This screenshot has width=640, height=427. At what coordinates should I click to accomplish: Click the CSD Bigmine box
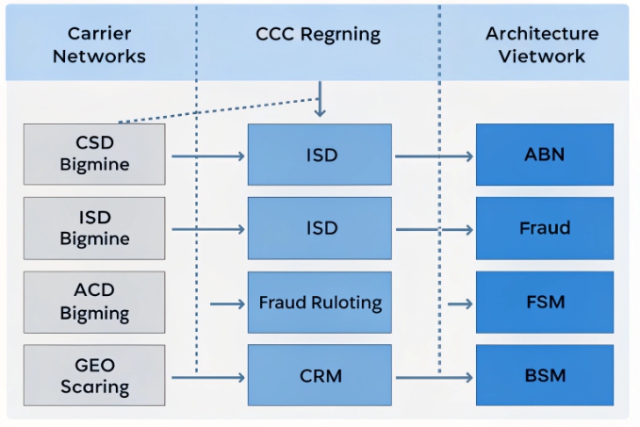click(94, 154)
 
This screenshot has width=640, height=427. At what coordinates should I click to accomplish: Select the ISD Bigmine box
click(94, 228)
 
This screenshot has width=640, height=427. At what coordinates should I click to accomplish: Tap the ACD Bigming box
click(94, 302)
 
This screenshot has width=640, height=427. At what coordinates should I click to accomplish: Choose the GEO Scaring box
click(94, 375)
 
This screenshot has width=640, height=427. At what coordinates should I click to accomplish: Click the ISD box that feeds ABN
click(320, 155)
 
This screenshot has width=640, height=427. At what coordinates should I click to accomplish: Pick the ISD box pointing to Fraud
click(320, 228)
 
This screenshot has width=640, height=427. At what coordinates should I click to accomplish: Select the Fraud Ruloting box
click(320, 303)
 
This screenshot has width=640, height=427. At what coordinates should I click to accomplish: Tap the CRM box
click(320, 376)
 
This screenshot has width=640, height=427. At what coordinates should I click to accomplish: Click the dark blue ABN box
click(544, 155)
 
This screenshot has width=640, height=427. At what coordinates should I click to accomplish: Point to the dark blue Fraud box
click(544, 228)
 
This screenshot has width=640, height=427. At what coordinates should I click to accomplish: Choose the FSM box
click(544, 303)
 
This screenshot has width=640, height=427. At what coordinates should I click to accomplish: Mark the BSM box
click(544, 376)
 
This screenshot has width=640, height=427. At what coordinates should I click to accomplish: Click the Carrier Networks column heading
click(99, 45)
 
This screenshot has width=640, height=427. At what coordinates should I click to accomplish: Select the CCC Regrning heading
click(318, 35)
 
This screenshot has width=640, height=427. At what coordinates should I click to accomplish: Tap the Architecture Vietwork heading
click(542, 45)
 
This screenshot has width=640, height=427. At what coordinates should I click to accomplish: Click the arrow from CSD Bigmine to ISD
click(206, 155)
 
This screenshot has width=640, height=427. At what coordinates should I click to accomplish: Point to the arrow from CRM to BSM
click(434, 377)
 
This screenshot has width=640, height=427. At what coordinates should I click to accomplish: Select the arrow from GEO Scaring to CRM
click(206, 377)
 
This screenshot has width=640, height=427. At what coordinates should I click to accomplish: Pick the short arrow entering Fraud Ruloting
click(228, 304)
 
